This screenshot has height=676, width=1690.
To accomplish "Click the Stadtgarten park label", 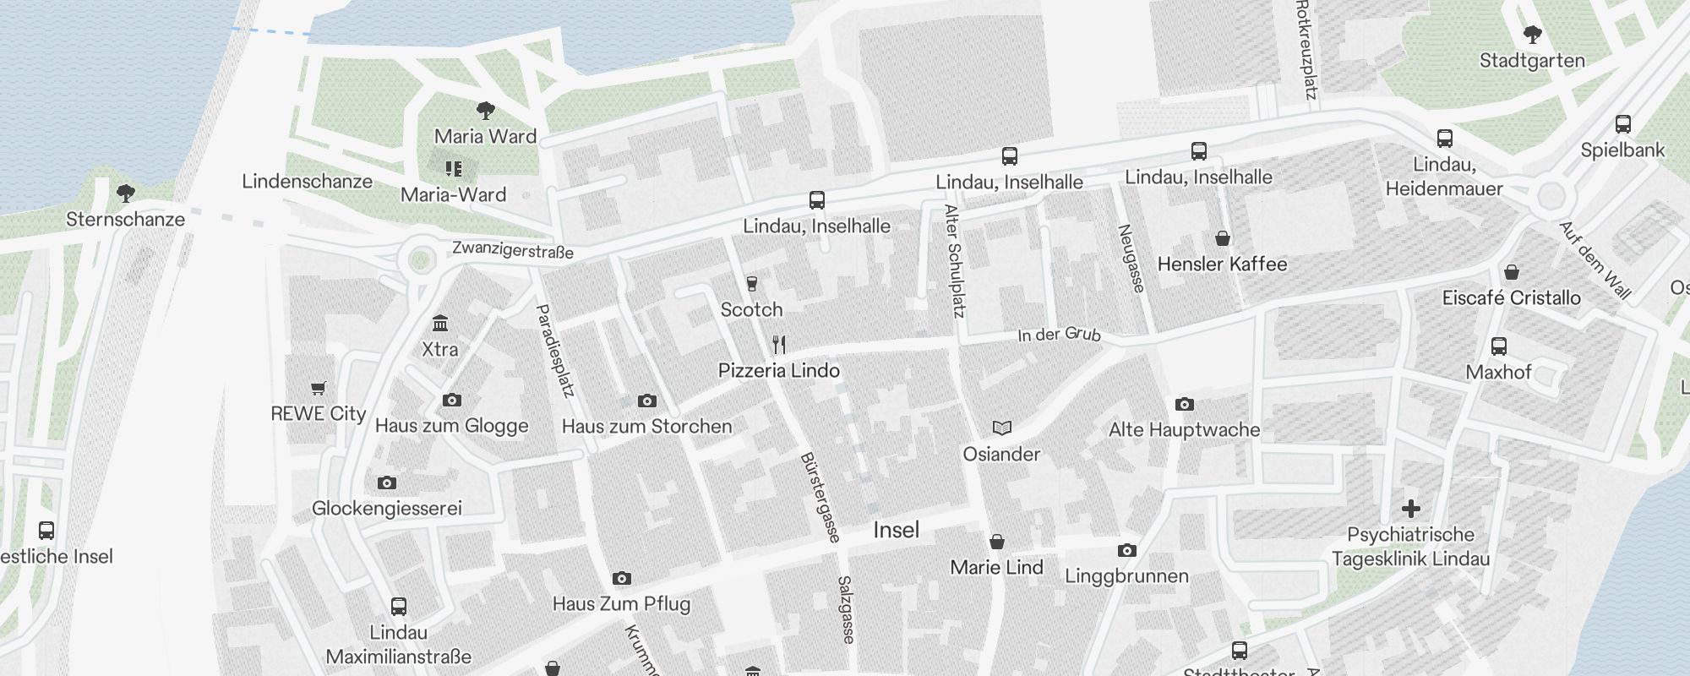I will tap(1532, 61).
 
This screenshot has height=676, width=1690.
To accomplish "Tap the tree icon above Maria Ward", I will tap(486, 110).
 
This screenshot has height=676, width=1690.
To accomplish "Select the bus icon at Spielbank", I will tap(1622, 124).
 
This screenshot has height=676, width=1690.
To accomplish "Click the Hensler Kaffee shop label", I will tap(1222, 264).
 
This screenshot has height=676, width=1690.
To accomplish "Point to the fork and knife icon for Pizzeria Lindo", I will tap(779, 345).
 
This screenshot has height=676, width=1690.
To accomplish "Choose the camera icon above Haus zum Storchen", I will tap(646, 401).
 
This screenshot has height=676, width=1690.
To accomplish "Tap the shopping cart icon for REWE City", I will tap(319, 389).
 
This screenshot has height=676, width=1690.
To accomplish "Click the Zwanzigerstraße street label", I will tap(513, 250).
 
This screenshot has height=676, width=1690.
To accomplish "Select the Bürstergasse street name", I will tap(820, 497).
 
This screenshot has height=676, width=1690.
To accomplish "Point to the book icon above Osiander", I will tap(1001, 428).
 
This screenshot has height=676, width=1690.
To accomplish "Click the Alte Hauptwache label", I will tap(1184, 430).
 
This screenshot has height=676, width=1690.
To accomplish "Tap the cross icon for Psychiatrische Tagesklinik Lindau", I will tap(1410, 509).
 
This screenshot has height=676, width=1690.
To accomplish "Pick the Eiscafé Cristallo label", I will tap(1511, 298).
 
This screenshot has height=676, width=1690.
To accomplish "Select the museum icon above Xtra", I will tap(439, 324).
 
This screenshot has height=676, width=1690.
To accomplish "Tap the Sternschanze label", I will tap(125, 220).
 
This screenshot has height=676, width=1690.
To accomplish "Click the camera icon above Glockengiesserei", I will tap(387, 483).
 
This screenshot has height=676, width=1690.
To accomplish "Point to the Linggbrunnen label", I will tap(1126, 576).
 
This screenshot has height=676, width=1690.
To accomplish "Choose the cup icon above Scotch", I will tap(751, 284).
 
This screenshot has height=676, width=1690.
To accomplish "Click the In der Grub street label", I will tap(1059, 335).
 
